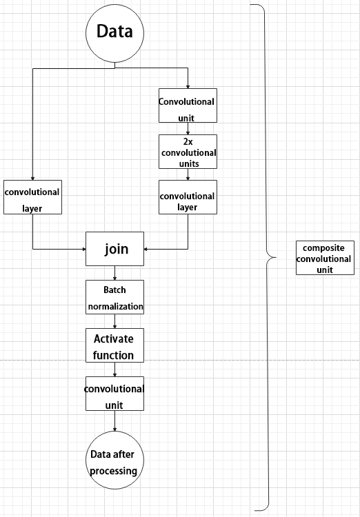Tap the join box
[115, 249]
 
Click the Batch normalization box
[115, 297]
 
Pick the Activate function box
[115, 345]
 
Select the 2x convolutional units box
[188, 152]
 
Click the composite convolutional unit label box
[325, 258]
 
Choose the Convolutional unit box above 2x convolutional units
[188, 105]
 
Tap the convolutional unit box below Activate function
[115, 394]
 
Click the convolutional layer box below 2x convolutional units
[188, 197]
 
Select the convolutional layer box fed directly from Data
[32, 197]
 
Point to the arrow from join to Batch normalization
[115, 273]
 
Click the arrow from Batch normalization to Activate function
[115, 321]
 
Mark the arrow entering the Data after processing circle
[115, 420]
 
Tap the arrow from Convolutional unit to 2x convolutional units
[188, 129]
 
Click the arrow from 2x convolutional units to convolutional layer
[188, 174]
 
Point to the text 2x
[188, 142]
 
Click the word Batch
[114, 290]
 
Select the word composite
[319, 248]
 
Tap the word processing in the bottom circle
[114, 471]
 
